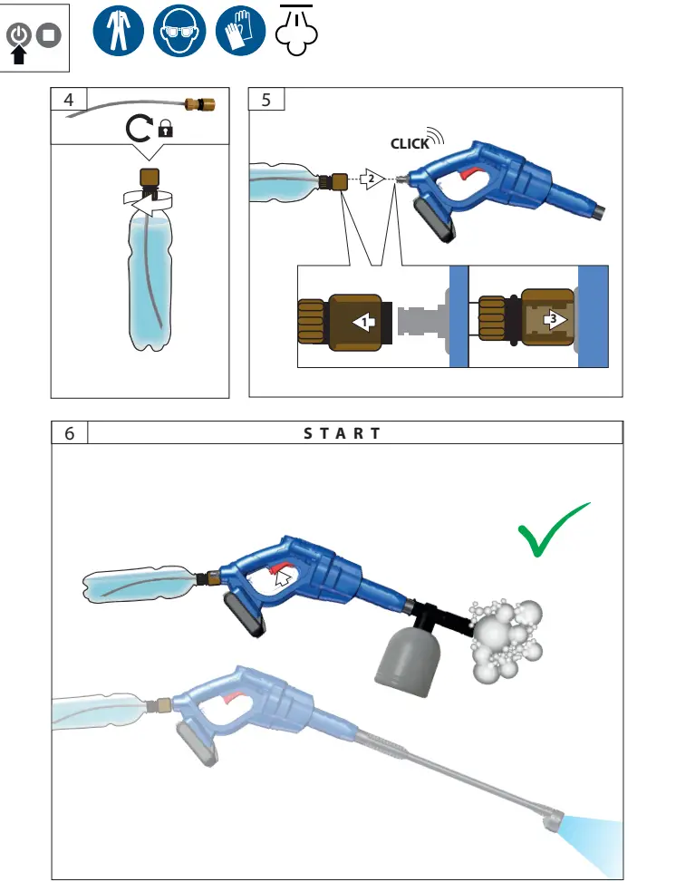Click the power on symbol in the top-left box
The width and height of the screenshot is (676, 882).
point(19,35)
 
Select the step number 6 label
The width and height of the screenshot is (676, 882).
point(69,433)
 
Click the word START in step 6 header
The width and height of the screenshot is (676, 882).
point(343,433)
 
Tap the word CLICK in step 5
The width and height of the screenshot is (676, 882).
point(410,143)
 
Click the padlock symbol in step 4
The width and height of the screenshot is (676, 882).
point(165,131)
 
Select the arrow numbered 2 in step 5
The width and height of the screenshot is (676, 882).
point(370,179)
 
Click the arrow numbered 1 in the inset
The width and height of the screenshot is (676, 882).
point(363,321)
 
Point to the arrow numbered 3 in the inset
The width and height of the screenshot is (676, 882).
point(554,320)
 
